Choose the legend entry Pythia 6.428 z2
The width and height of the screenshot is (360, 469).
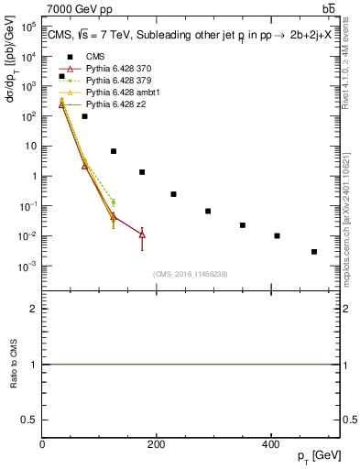click(x=114, y=104)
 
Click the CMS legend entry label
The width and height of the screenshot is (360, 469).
click(x=95, y=57)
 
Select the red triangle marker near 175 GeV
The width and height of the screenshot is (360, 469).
click(x=142, y=235)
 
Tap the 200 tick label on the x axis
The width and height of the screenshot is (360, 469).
click(x=156, y=443)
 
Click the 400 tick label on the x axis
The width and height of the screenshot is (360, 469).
click(x=269, y=443)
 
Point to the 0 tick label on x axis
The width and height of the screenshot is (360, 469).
click(x=42, y=443)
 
